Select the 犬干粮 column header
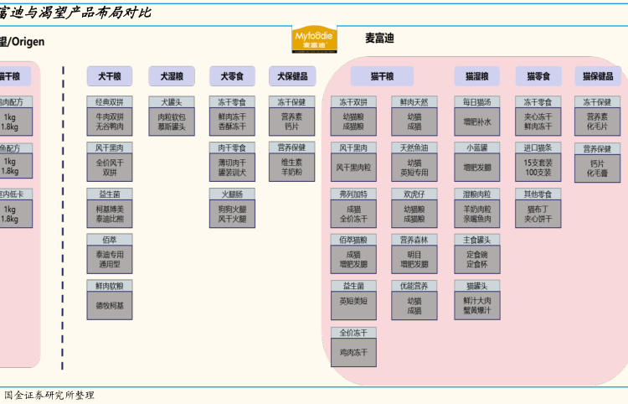pos(109,76)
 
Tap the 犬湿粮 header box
pos(171,76)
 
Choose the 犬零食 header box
pos(232,76)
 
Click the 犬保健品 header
pos(291,76)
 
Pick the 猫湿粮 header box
pos(476,76)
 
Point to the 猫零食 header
pos(538,76)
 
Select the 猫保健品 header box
pos(597,76)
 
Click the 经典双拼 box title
pos(109,102)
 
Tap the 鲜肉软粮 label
pos(109,286)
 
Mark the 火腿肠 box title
pos(232,194)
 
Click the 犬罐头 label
pos(171,102)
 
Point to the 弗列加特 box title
pos(353,194)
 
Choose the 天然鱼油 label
pos(414,148)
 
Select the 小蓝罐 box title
pos(476,148)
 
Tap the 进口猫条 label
pos(538,148)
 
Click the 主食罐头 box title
pos(476,240)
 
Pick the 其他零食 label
pos(538,194)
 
